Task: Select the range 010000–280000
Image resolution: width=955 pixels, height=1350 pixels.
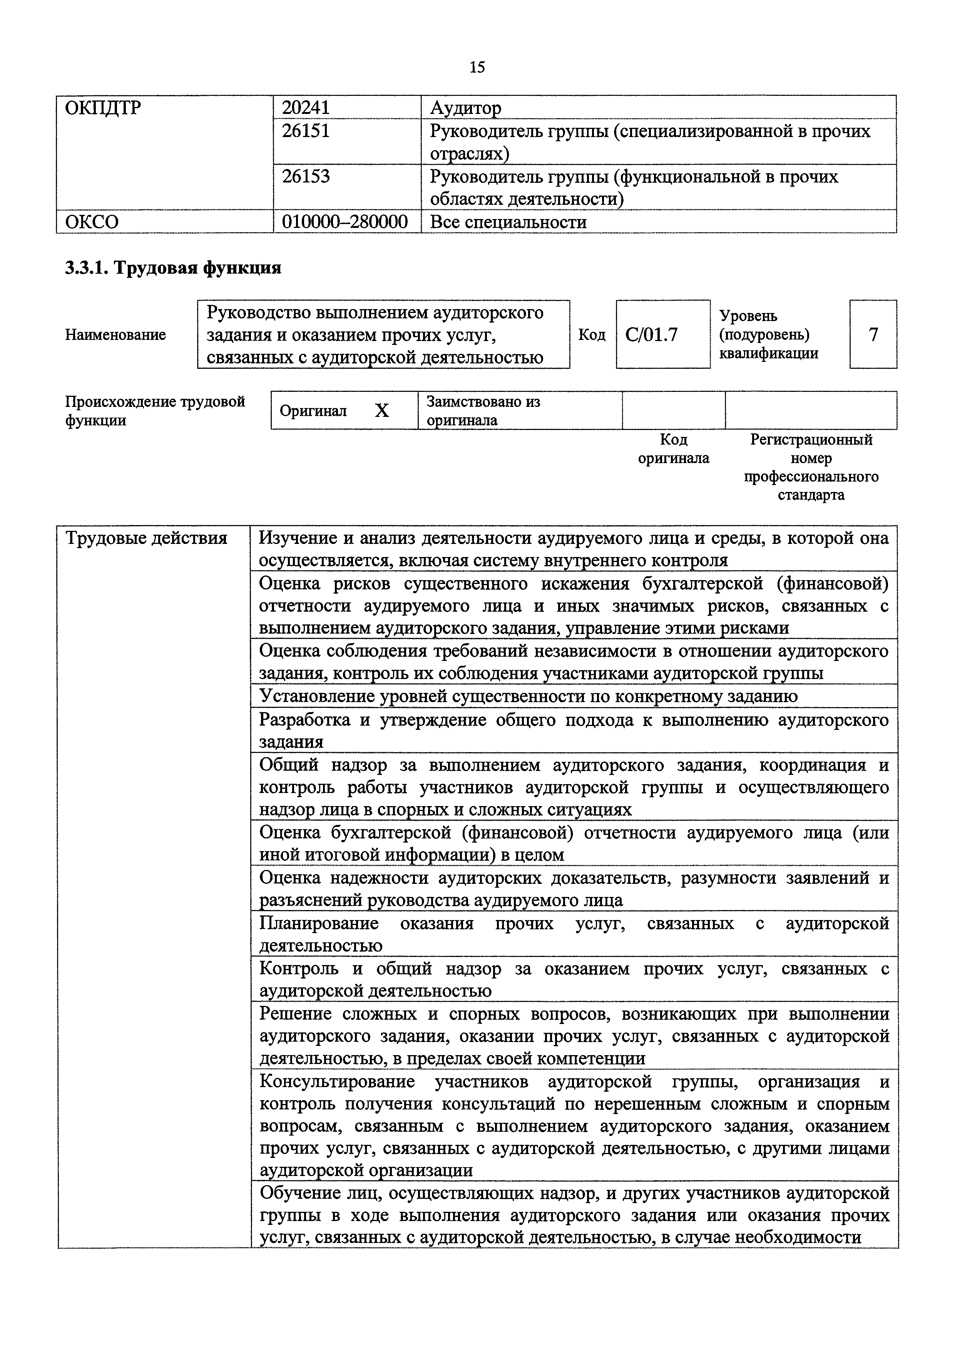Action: (345, 222)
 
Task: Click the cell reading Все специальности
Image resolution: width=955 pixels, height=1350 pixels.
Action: (508, 222)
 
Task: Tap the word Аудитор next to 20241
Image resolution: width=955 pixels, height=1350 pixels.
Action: (466, 108)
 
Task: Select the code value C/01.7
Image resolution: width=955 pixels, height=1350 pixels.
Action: (652, 335)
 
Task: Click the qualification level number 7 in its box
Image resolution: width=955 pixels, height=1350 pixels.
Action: (873, 335)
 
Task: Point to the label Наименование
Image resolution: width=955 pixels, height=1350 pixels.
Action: (115, 335)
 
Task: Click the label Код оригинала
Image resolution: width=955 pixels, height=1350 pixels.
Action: (673, 448)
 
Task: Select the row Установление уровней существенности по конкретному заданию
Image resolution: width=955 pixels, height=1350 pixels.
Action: (528, 696)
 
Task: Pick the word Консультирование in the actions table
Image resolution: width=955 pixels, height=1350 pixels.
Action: (337, 1081)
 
